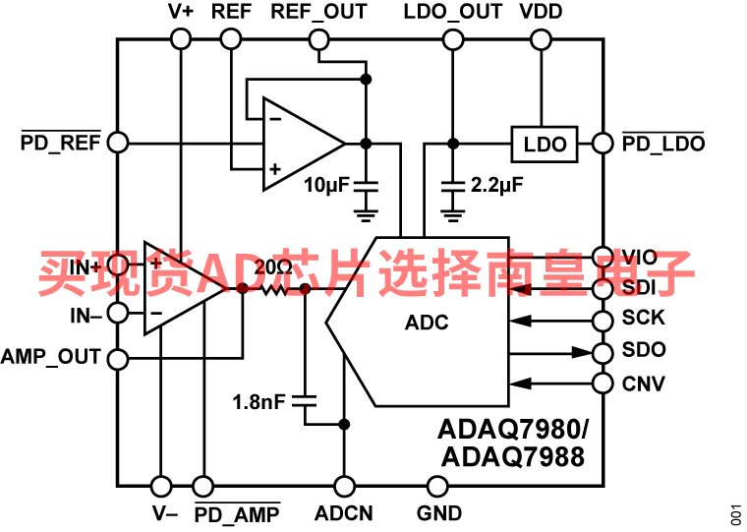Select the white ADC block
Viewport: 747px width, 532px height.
coord(426,322)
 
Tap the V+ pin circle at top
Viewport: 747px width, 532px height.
coord(180,39)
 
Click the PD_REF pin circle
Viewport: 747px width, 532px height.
coord(117,143)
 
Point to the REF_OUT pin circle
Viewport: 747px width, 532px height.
coord(318,39)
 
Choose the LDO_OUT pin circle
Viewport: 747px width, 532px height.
coord(452,39)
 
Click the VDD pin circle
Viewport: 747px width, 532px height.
coord(540,39)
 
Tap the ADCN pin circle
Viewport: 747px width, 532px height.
coord(344,486)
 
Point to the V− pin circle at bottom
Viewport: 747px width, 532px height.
coord(160,486)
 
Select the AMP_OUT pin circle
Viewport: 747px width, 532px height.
coord(117,359)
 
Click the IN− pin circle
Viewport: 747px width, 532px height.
coord(117,315)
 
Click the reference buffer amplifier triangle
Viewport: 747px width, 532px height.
coord(295,144)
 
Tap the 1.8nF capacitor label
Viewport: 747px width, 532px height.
coord(259,401)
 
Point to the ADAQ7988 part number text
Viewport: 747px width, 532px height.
coord(512,456)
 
